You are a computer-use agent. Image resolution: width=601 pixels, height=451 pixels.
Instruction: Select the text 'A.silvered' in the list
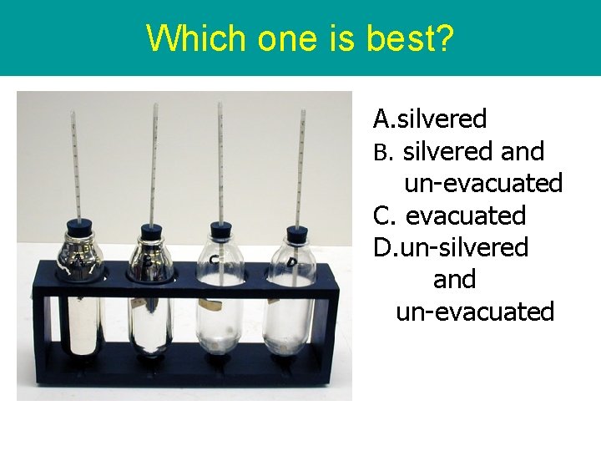(x=430, y=119)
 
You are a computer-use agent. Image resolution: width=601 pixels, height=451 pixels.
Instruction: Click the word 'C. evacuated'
(x=449, y=215)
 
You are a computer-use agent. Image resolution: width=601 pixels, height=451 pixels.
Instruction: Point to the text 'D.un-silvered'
(x=451, y=247)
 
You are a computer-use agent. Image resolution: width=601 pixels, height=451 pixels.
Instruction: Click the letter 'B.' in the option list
(x=382, y=152)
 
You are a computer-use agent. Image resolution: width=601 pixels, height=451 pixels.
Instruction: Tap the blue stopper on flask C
(x=220, y=230)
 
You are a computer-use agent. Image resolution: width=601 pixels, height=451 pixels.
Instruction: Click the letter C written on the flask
(x=215, y=261)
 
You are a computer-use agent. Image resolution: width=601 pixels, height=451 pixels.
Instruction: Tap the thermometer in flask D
(x=298, y=167)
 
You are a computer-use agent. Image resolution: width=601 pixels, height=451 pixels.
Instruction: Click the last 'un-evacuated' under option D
(x=474, y=312)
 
